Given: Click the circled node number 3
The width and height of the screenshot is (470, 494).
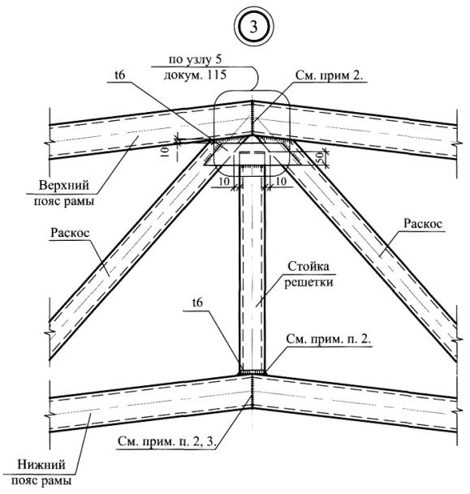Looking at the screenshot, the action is (254, 27).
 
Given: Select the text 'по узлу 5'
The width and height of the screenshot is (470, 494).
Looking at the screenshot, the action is (196, 59).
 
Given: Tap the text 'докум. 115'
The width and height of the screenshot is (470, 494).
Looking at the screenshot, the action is (195, 75).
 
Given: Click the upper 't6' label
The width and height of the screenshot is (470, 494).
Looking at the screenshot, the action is (120, 75).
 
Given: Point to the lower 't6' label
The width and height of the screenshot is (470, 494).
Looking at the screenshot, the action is (197, 303).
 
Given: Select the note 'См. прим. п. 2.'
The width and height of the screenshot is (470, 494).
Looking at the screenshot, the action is (329, 339).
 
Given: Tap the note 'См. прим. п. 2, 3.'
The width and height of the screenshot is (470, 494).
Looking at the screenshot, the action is (167, 441).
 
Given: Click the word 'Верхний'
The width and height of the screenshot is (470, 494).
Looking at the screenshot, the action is (63, 185).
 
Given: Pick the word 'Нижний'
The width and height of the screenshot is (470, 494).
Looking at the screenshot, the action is (41, 465).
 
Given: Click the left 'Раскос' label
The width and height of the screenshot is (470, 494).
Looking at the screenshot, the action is (70, 233).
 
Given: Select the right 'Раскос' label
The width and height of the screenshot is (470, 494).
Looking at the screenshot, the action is (423, 224).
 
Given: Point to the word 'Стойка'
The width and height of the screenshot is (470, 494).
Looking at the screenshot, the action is (308, 267).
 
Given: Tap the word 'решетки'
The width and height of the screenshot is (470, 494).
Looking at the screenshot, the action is (308, 282).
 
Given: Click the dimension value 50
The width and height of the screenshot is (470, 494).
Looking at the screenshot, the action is (320, 156).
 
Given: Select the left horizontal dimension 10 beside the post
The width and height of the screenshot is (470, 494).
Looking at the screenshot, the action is (224, 181).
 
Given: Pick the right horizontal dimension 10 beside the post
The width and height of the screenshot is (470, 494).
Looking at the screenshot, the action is (281, 181).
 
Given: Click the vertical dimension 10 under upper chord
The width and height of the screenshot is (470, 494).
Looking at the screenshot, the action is (166, 152).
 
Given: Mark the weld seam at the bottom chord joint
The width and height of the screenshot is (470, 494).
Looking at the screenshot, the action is (252, 391).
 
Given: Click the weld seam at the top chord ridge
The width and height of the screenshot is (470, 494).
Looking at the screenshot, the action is (252, 118).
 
